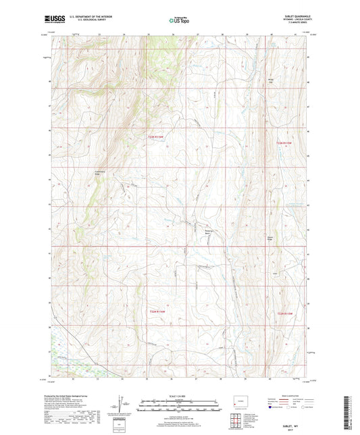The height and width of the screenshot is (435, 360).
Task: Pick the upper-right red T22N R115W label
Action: (286, 143)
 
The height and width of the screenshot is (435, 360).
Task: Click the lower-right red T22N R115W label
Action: (286, 313)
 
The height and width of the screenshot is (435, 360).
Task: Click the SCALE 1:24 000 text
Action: (180, 396)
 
